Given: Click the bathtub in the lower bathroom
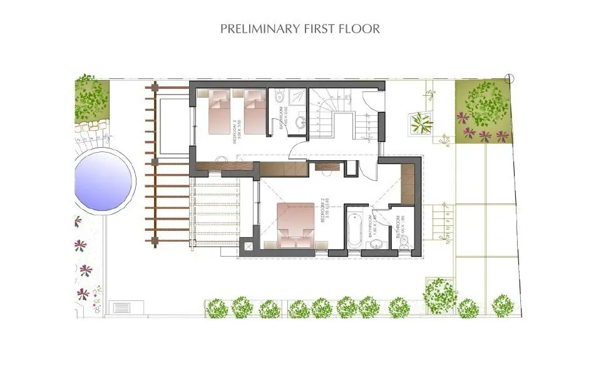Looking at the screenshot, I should (354, 230).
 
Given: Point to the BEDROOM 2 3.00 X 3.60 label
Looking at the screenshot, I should (237, 132).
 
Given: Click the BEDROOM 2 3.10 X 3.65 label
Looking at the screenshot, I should (324, 210).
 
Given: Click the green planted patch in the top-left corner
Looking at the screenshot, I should (92, 99).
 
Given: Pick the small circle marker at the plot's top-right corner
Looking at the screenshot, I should (510, 78).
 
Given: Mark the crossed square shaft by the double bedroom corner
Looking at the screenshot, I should (248, 245).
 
